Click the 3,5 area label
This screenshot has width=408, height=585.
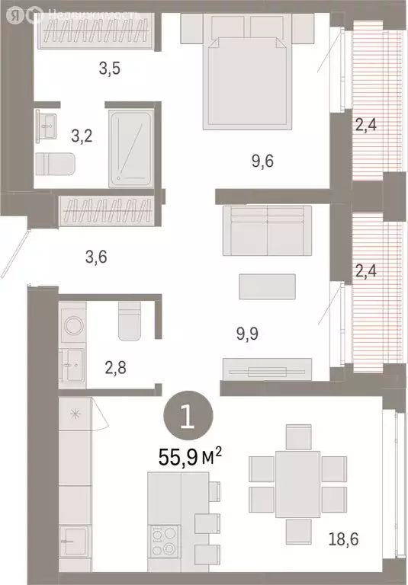tap(110, 69)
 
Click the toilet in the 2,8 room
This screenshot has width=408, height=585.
tap(130, 320)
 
